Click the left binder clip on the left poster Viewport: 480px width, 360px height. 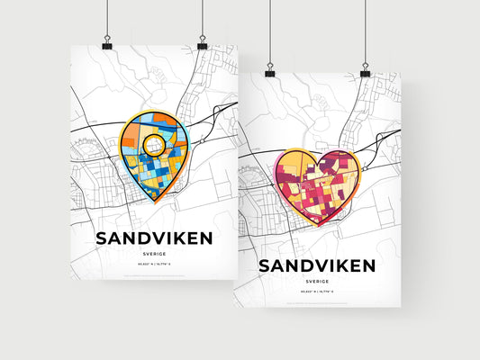(x=107, y=44)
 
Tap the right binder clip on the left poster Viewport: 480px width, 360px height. (x=202, y=44)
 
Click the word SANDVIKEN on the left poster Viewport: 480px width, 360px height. (x=153, y=238)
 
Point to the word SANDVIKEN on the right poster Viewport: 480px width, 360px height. (x=316, y=266)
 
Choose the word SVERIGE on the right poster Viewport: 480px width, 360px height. (x=316, y=282)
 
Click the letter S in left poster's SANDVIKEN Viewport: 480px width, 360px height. (x=102, y=238)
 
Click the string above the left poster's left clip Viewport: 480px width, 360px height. (x=107, y=18)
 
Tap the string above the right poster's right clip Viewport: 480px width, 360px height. (x=365, y=31)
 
